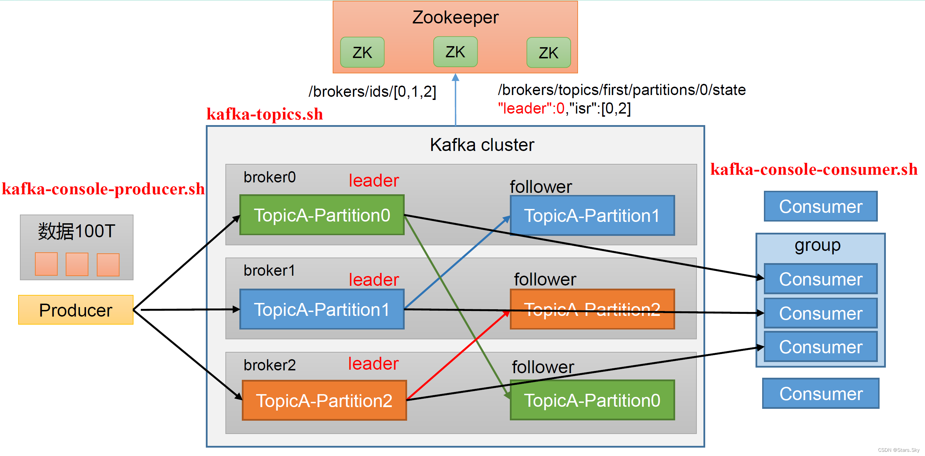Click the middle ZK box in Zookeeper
point(455,52)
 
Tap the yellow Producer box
point(76,310)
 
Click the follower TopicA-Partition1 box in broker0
point(592,216)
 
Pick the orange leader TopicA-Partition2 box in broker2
point(324,400)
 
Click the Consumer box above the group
point(820,206)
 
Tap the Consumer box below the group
point(821,393)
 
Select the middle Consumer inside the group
point(820,313)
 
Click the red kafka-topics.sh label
point(265,114)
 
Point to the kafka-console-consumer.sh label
point(814,169)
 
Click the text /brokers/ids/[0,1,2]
point(372,92)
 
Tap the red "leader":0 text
point(531,108)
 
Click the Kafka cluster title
point(482,145)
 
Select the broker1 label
point(269,270)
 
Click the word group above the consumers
point(817,246)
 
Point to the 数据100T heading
point(77,231)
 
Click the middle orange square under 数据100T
point(77,264)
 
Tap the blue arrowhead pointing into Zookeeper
point(455,77)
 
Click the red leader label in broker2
point(373,363)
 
